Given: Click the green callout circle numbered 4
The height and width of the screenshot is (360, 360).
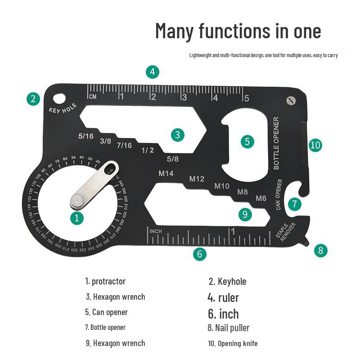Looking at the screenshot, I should (x=153, y=72).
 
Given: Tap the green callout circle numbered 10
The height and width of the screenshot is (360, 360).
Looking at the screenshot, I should (x=315, y=145).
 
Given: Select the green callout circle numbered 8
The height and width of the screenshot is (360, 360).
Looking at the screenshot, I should (x=320, y=250).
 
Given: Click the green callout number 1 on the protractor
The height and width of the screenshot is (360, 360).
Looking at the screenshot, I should (x=77, y=218).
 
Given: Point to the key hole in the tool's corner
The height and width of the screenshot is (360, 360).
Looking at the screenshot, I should (x=58, y=97).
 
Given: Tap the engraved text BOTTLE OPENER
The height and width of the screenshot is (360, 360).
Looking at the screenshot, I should (x=276, y=143).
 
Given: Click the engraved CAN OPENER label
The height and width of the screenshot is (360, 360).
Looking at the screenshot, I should (x=279, y=194).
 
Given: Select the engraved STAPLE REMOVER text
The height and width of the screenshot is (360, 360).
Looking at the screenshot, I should (x=286, y=231).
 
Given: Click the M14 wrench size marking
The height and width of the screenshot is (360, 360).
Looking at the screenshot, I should (x=166, y=173).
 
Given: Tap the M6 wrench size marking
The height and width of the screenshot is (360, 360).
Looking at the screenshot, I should (x=261, y=198).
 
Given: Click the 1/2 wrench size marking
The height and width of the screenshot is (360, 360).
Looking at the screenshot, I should (x=147, y=150).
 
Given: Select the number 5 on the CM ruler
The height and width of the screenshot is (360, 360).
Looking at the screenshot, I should (x=246, y=98).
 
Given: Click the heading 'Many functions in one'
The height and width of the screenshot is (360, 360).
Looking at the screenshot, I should (x=238, y=31).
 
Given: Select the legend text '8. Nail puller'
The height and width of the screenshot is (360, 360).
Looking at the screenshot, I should (x=228, y=328).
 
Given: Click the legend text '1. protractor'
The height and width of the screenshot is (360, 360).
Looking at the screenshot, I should (x=105, y=281).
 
